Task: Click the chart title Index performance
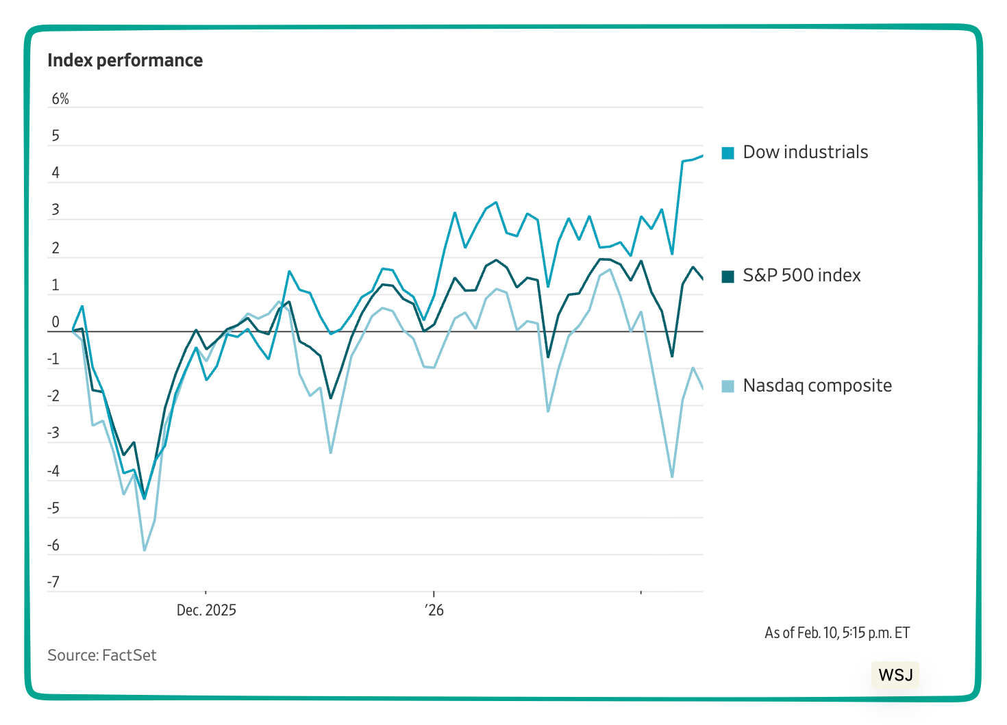click(x=125, y=60)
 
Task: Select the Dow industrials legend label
click(x=805, y=152)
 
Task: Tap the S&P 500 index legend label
click(x=801, y=275)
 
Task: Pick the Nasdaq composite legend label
click(x=817, y=385)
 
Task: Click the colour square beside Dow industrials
click(x=728, y=153)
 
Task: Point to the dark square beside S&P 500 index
click(x=728, y=276)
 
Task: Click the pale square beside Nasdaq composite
click(x=728, y=386)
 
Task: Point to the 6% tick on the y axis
click(x=60, y=99)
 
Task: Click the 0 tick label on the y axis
click(x=55, y=322)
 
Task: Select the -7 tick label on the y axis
click(x=53, y=583)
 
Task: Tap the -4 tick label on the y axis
click(x=53, y=471)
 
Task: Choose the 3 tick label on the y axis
click(x=55, y=210)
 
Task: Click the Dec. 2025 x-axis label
click(x=206, y=610)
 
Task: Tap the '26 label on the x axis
click(x=434, y=610)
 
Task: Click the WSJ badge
click(x=895, y=675)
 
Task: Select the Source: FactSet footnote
click(x=101, y=655)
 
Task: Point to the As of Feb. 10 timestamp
click(x=836, y=633)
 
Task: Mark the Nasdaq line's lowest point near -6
click(x=144, y=550)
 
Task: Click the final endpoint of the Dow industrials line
click(x=703, y=155)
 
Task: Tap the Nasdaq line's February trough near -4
click(x=672, y=477)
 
